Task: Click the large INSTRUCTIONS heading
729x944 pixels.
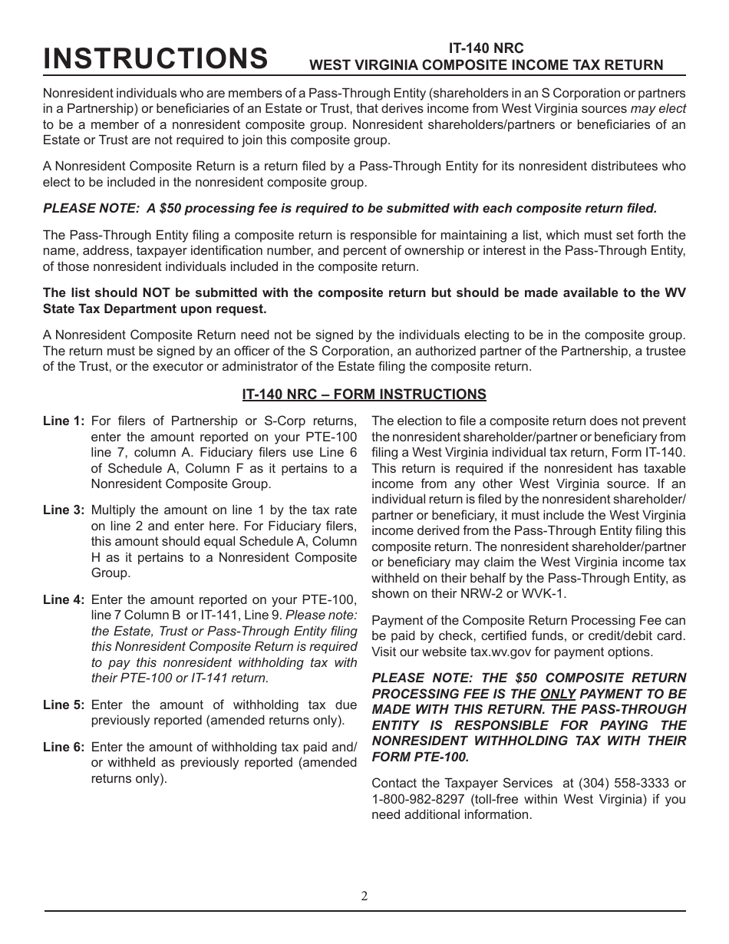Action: click(x=156, y=58)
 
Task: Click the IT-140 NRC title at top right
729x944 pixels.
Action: click(x=486, y=48)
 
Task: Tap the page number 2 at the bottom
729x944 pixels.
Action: click(x=364, y=896)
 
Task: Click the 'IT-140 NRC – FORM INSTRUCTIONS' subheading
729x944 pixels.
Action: click(x=364, y=394)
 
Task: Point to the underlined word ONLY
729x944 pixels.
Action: click(x=558, y=693)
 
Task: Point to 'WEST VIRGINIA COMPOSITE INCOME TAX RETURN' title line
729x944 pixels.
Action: click(x=486, y=65)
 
